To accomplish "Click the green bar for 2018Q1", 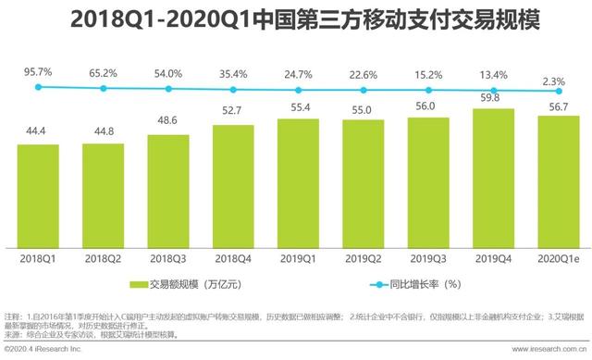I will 38,189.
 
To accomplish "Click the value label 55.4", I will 298,108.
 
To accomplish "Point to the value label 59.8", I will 493,97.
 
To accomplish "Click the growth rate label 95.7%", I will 38,69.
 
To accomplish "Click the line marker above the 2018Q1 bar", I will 38,87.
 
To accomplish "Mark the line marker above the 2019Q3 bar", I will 428,90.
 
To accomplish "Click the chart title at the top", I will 296,20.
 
